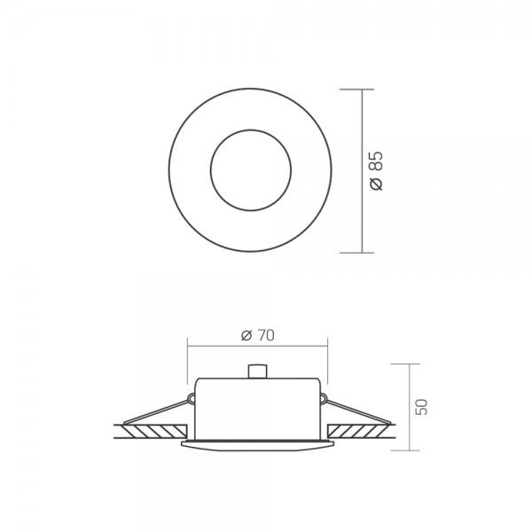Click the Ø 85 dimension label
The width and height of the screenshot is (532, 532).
pos(377,170)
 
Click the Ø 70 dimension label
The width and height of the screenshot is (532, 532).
pos(257,335)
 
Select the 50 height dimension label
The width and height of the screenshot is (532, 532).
pos(422,407)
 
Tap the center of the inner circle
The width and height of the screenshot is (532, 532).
pos(251,169)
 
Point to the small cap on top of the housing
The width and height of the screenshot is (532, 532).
pos(257,372)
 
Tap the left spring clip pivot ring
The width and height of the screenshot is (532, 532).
pos(192,398)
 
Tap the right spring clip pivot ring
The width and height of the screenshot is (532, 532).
pos(324,398)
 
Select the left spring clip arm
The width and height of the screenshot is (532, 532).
pos(156,412)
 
